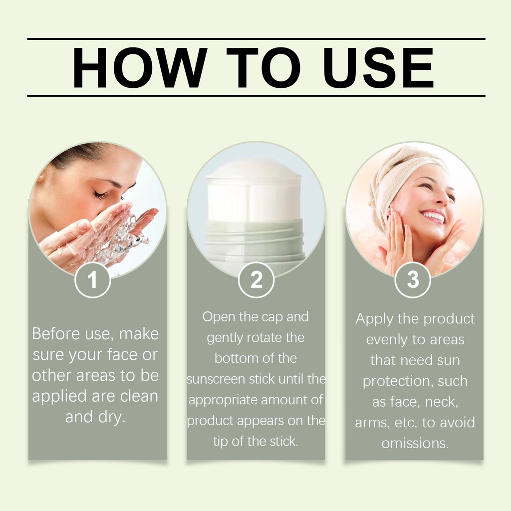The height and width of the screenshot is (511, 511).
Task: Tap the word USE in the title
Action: [378, 67]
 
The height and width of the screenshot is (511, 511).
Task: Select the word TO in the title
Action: [263, 67]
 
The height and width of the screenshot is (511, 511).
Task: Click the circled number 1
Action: [92, 280]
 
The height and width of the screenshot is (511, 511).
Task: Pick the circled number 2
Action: [256, 280]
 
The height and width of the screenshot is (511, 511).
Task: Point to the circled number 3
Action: [413, 280]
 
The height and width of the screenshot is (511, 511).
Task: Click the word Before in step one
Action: [56, 334]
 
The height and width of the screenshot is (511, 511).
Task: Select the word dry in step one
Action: [111, 418]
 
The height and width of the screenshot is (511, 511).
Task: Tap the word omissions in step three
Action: [415, 443]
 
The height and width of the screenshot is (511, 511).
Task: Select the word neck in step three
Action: [441, 402]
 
